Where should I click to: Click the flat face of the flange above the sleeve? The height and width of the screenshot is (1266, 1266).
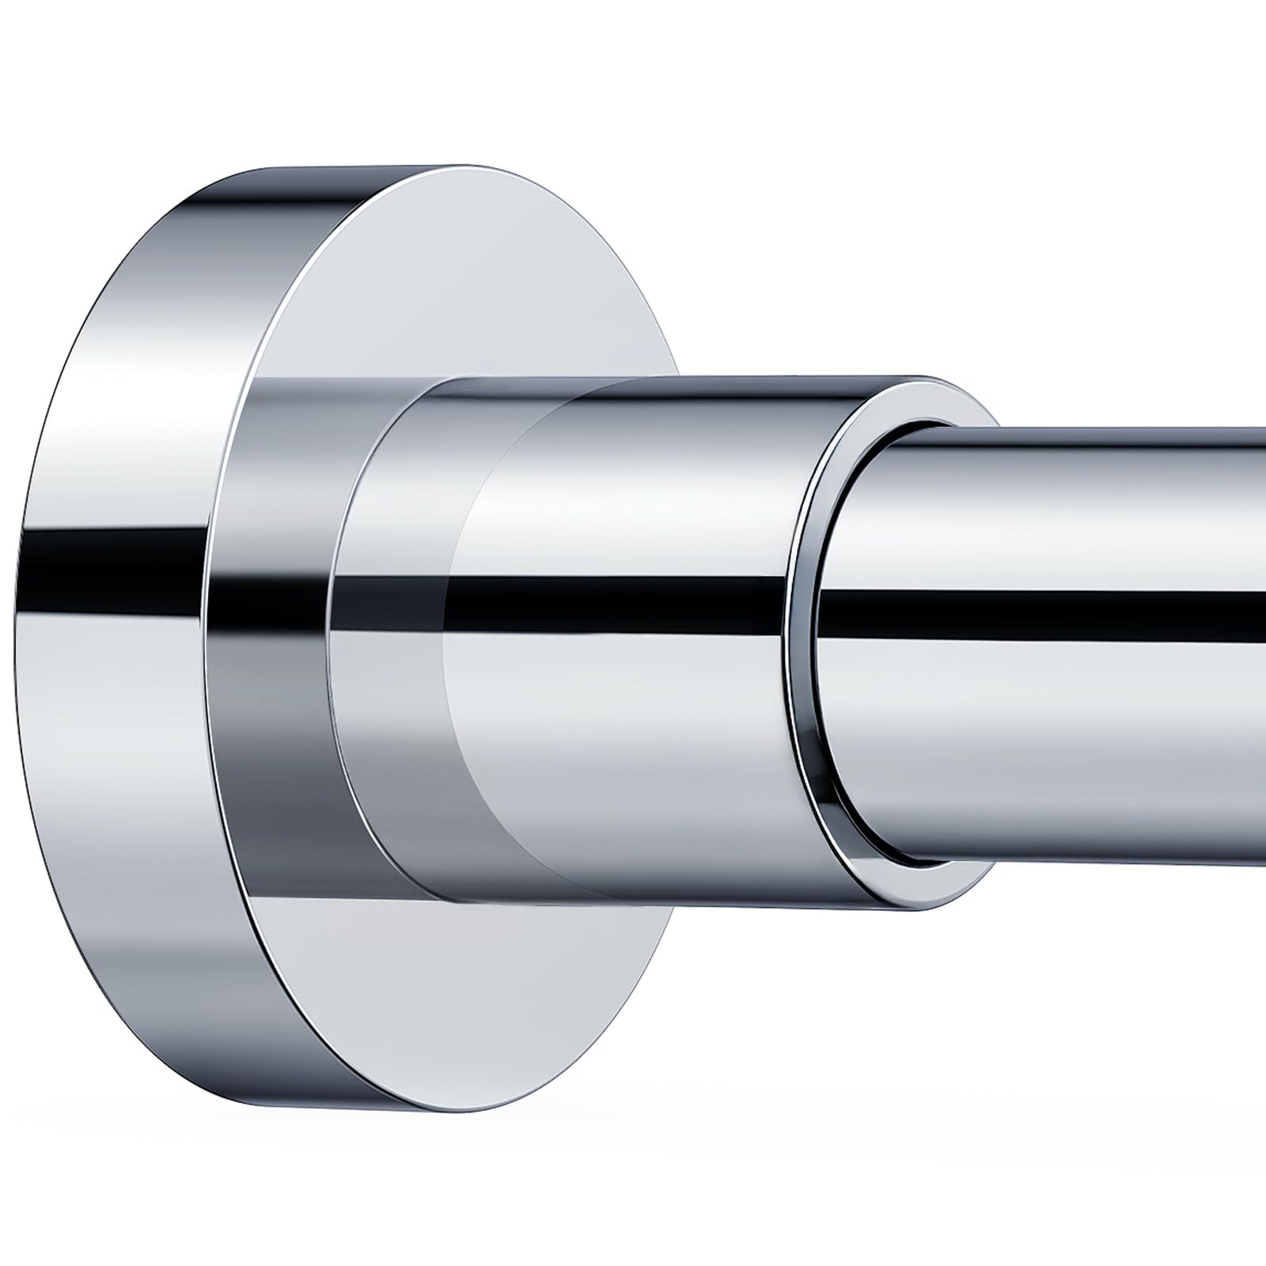pos(475,277)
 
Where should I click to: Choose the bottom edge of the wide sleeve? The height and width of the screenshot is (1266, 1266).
pos(673,902)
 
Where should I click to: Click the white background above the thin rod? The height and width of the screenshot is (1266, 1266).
pos(1068,237)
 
